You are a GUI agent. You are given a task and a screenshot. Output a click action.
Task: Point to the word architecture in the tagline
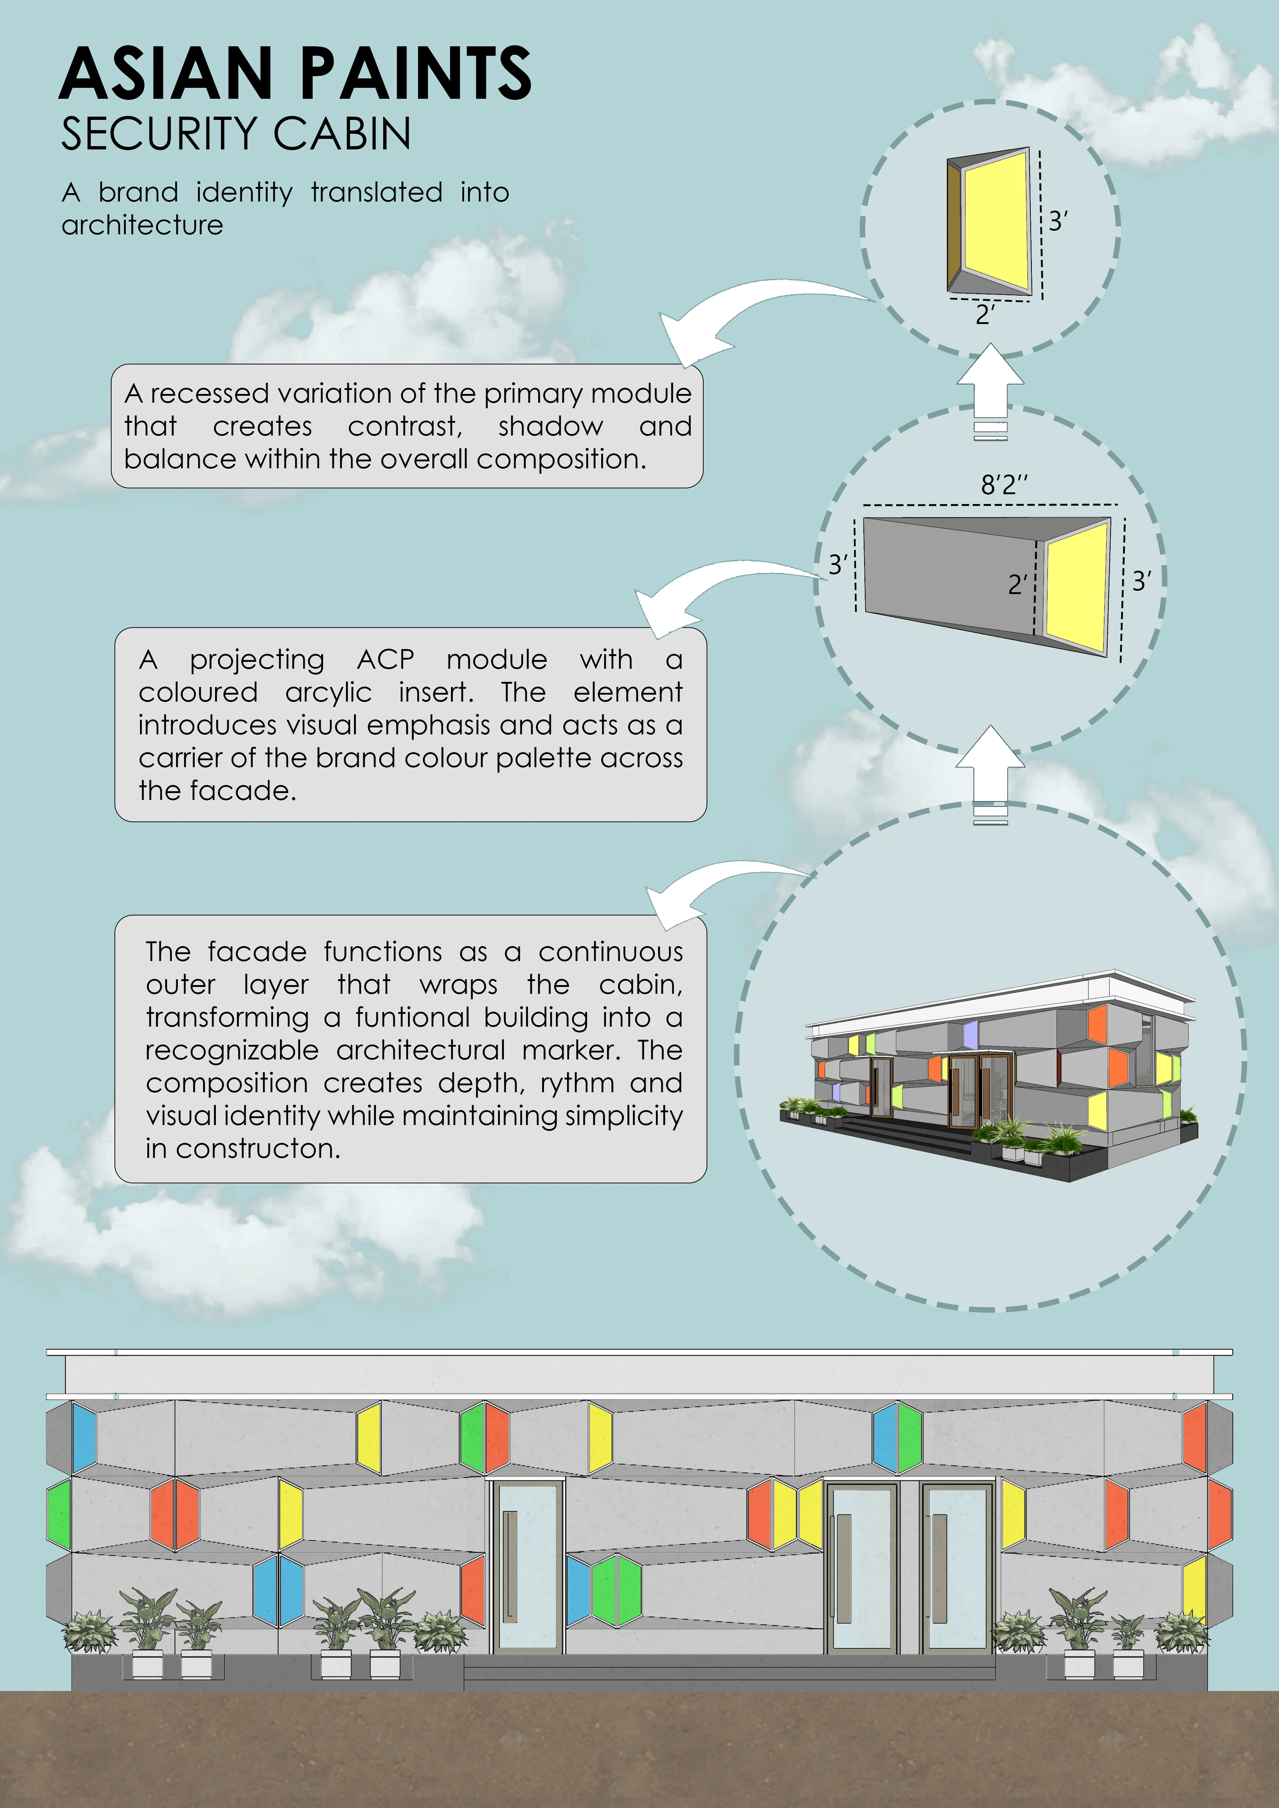[x=143, y=225]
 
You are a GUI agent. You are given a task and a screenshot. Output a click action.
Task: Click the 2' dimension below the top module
[x=984, y=315]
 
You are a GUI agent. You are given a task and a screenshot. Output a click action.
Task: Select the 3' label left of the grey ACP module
[x=838, y=565]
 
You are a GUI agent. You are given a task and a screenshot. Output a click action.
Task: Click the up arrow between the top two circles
[x=990, y=391]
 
